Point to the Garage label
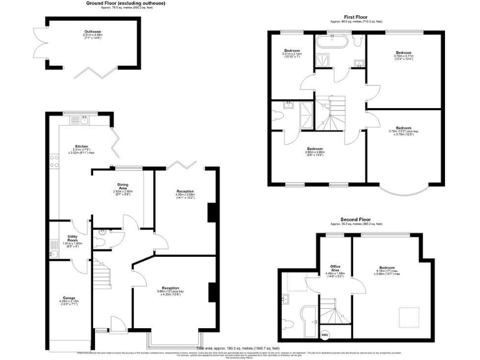[x=69, y=299]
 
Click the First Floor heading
[x=356, y=17]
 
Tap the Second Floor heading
[x=356, y=220]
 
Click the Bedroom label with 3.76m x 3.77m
[x=403, y=54]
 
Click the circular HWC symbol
[x=325, y=334]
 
